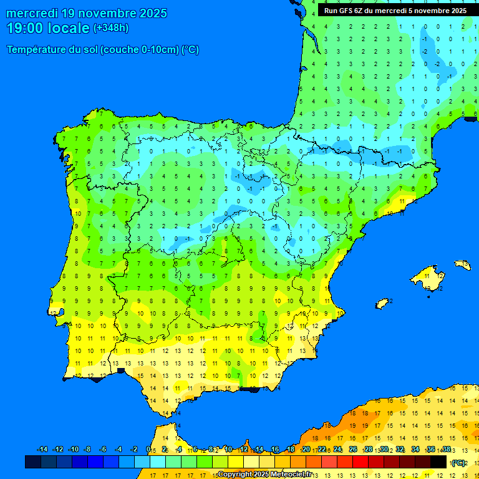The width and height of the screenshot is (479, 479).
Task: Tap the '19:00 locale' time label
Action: (48, 28)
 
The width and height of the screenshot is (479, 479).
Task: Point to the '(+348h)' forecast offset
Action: (110, 28)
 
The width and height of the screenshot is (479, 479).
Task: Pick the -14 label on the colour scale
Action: (42, 450)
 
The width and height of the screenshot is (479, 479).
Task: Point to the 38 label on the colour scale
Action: (447, 450)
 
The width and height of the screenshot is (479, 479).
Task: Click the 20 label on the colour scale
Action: (306, 450)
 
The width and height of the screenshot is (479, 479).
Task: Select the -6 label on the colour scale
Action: (103, 450)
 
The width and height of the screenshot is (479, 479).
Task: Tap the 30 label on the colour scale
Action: (384, 450)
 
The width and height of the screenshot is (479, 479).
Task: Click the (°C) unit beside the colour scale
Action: (458, 463)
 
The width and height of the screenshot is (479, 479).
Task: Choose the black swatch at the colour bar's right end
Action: (438, 462)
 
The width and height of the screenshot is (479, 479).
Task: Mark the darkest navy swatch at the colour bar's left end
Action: (33, 462)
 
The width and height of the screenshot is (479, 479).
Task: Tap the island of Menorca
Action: (462, 264)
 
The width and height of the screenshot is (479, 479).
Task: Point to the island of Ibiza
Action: (382, 303)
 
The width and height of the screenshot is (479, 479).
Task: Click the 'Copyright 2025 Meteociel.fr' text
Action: (264, 475)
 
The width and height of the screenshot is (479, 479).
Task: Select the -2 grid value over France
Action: (437, 64)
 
